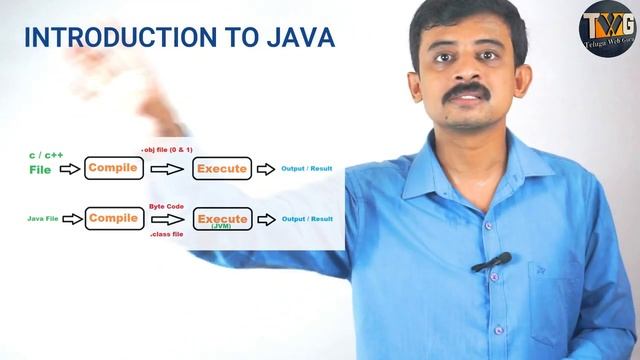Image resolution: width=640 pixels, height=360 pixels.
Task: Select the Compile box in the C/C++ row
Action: point(113,168)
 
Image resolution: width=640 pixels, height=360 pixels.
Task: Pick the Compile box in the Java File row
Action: point(113,217)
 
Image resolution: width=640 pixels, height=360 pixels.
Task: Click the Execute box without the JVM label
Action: point(221,168)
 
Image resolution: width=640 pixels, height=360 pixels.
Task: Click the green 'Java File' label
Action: point(43,217)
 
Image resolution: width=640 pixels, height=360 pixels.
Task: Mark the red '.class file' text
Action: point(167,234)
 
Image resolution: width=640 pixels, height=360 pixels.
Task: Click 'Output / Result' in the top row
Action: point(307,168)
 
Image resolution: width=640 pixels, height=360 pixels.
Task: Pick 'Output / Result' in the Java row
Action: point(307,218)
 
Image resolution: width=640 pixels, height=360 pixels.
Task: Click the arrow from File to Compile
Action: point(70,169)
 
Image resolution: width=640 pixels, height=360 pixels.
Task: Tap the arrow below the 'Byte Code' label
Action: point(168,219)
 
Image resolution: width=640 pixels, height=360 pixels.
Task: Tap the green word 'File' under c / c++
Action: point(40,170)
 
